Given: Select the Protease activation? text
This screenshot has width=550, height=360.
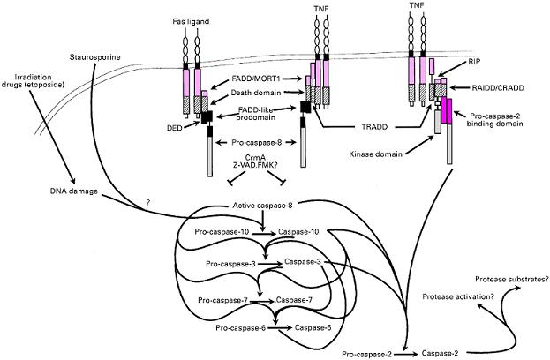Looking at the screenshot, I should pos(458,296).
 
